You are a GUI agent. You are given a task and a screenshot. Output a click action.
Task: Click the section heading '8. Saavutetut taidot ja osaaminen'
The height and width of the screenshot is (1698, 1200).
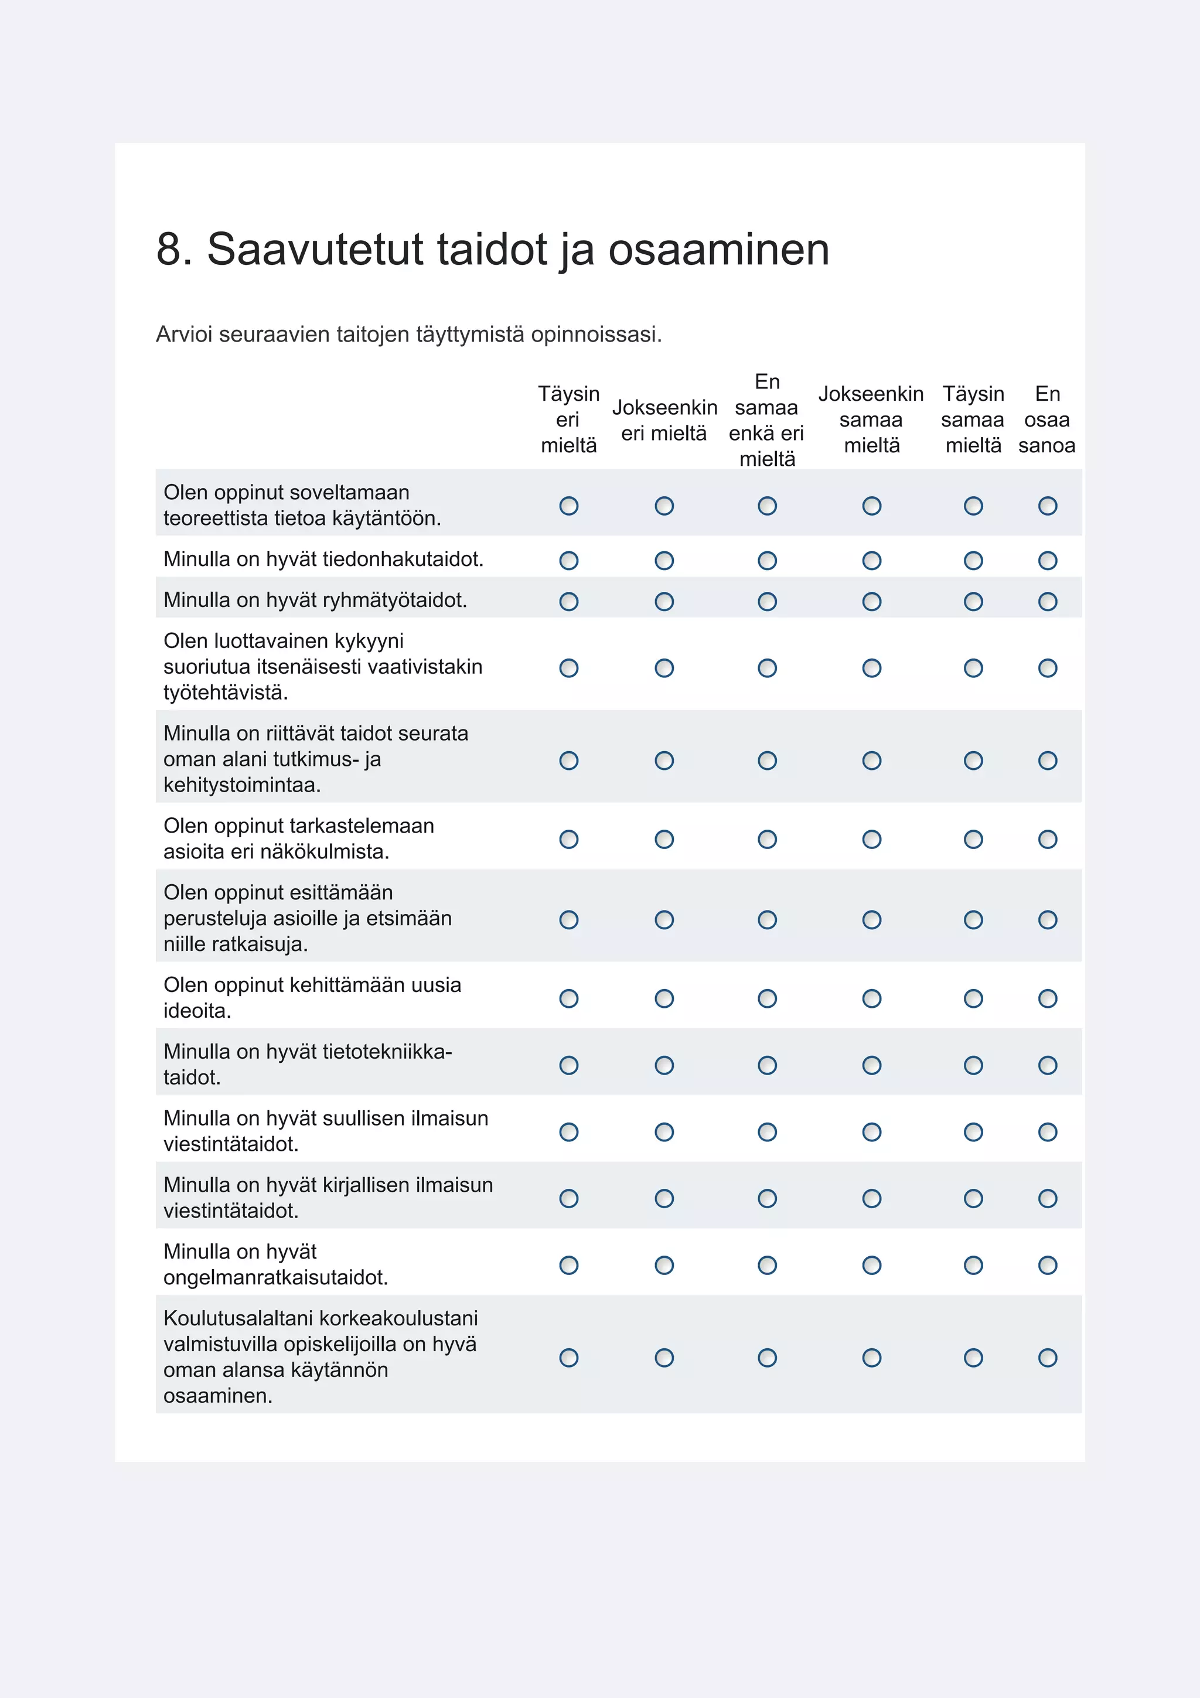click(492, 248)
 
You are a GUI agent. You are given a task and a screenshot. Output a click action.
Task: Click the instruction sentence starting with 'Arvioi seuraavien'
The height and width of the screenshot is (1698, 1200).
click(409, 335)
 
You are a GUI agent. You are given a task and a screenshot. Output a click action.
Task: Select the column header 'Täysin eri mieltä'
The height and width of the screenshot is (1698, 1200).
click(568, 420)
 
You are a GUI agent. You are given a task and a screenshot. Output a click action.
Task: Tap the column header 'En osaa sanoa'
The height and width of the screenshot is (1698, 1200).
click(1047, 420)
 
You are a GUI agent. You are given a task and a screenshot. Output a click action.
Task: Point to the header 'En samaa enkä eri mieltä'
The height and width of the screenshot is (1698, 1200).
click(767, 420)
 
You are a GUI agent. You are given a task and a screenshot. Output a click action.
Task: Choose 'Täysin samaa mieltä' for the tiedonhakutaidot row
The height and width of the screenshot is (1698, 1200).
click(973, 561)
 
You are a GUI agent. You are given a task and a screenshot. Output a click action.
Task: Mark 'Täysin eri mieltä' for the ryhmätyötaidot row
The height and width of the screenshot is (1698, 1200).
click(568, 601)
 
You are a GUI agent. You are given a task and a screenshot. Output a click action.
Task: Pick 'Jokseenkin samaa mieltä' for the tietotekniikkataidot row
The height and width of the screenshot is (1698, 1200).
click(872, 1065)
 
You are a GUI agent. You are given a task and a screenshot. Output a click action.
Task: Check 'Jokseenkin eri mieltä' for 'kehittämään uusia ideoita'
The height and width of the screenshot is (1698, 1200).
click(664, 998)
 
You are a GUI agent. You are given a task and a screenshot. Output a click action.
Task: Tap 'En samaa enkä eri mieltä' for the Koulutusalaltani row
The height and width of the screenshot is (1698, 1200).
click(768, 1358)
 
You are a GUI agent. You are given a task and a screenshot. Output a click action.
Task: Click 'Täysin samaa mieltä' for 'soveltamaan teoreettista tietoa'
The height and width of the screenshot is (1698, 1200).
click(973, 506)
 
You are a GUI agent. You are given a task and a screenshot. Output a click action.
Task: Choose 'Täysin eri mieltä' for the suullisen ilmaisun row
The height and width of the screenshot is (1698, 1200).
click(568, 1131)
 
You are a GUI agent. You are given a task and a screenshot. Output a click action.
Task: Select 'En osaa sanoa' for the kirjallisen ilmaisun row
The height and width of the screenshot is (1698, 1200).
click(1048, 1198)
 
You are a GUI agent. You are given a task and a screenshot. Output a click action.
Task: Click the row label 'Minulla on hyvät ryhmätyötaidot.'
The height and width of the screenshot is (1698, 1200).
click(315, 600)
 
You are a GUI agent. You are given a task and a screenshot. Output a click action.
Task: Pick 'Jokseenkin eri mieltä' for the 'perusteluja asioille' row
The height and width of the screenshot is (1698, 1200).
click(664, 919)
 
